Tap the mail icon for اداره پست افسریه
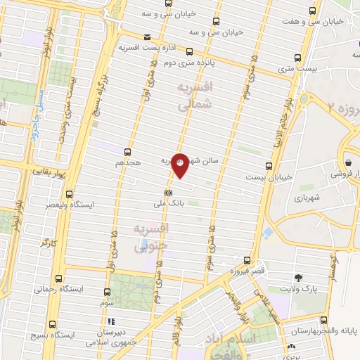pyautogui.click(x=146, y=37)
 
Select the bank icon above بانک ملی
pyautogui.click(x=168, y=192)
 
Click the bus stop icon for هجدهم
pyautogui.click(x=127, y=151)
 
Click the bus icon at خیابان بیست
pyautogui.click(x=269, y=167)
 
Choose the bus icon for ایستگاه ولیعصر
pyautogui.click(x=69, y=194)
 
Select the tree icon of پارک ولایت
pyautogui.click(x=297, y=278)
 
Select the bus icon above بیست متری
pyautogui.click(x=297, y=58)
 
